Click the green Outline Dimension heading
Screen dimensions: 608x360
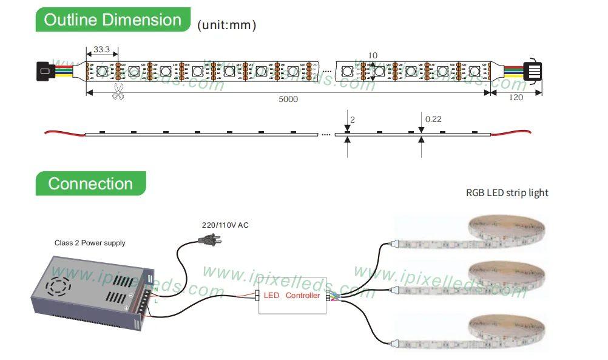coord(113,20)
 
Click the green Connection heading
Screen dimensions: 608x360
coord(90,183)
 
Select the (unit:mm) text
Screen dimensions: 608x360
coord(226,25)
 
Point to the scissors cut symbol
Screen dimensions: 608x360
coord(117,92)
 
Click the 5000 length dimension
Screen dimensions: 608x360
coord(288,99)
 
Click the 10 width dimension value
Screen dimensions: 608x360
coord(373,56)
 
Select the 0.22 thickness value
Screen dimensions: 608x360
coord(433,119)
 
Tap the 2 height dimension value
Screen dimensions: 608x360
coord(353,120)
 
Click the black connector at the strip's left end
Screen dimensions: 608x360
coord(45,71)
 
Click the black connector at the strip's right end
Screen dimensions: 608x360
coord(532,70)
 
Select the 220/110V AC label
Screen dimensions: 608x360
coord(225,225)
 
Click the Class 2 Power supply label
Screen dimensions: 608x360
coord(90,243)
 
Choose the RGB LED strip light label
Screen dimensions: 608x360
coord(507,193)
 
